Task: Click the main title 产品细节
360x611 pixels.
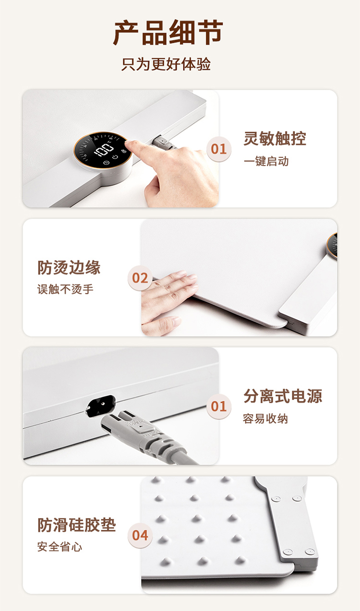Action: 168,33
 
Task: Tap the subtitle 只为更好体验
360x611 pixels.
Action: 166,64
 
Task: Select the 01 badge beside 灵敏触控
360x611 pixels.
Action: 219,149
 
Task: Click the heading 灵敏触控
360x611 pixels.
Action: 275,139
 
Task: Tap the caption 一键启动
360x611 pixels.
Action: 266,161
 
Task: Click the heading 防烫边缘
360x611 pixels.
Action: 69,267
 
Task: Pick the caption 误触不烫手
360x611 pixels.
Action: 65,289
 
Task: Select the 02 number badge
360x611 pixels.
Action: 140,278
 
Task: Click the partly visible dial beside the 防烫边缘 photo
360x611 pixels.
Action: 333,245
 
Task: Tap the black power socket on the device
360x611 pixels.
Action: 100,406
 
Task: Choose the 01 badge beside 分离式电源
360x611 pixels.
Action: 219,407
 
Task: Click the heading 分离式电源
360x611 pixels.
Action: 283,396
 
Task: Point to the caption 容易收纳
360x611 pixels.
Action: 265,419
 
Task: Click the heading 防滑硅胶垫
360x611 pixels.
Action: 77,525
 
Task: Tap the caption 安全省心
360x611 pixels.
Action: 60,547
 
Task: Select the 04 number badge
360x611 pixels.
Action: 140,536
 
